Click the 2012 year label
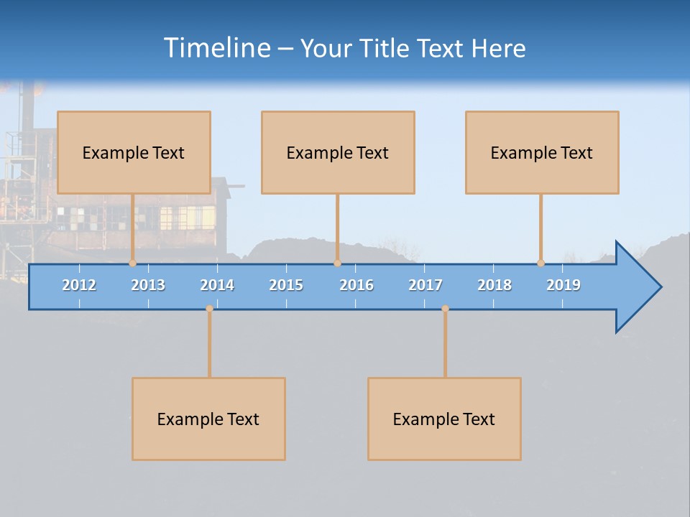[x=79, y=285]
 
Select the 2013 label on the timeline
[x=148, y=285]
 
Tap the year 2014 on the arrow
[x=217, y=285]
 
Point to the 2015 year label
[x=286, y=285]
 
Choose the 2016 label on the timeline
[x=356, y=285]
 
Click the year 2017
[x=425, y=285]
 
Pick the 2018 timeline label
[x=494, y=285]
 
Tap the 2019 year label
[x=563, y=285]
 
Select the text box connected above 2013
[x=134, y=152]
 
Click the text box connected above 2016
[x=338, y=152]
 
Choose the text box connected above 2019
[x=542, y=152]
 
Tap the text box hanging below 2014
[x=208, y=419]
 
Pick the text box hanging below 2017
[x=444, y=419]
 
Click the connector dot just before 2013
[x=132, y=263]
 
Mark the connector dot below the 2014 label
[x=209, y=309]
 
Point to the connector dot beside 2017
[x=445, y=309]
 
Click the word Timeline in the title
[x=216, y=48]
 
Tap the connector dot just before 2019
[x=540, y=263]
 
